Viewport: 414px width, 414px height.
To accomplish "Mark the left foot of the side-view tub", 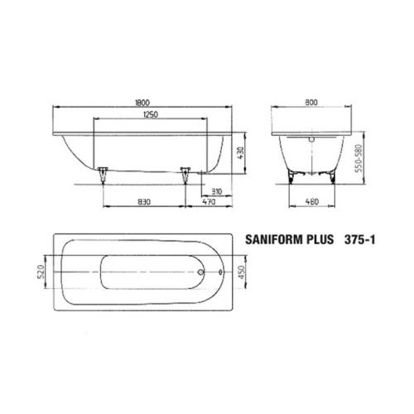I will point(103,173).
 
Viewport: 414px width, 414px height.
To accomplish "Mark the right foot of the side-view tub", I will point(185,173).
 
